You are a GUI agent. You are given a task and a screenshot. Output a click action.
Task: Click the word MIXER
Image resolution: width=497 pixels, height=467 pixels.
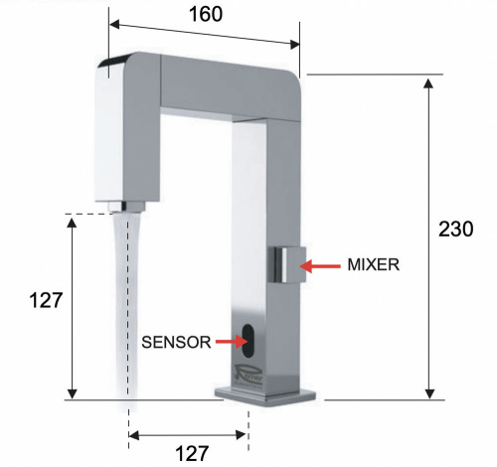374,265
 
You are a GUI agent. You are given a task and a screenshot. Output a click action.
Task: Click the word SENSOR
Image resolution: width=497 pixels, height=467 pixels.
175,342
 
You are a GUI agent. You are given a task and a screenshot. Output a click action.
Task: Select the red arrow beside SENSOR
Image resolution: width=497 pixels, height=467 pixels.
231,342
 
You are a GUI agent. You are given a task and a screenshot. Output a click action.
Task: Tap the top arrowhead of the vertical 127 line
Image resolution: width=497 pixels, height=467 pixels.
71,222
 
